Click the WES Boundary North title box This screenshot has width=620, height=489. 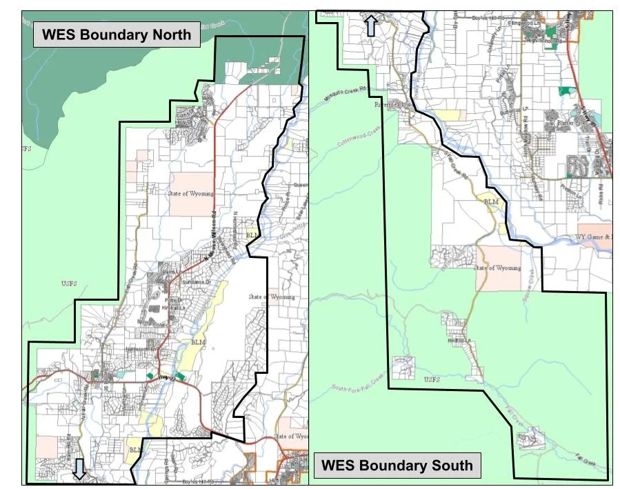pyautogui.click(x=117, y=34)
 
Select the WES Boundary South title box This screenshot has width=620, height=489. pyautogui.click(x=397, y=465)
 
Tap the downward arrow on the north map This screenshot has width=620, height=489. pyautogui.click(x=80, y=469)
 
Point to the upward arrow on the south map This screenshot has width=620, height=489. pyautogui.click(x=370, y=26)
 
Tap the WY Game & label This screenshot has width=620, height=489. pyautogui.click(x=593, y=237)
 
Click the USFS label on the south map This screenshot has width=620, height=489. pyautogui.click(x=431, y=379)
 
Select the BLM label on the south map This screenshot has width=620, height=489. pyautogui.click(x=491, y=201)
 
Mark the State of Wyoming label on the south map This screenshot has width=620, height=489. pyautogui.click(x=498, y=268)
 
